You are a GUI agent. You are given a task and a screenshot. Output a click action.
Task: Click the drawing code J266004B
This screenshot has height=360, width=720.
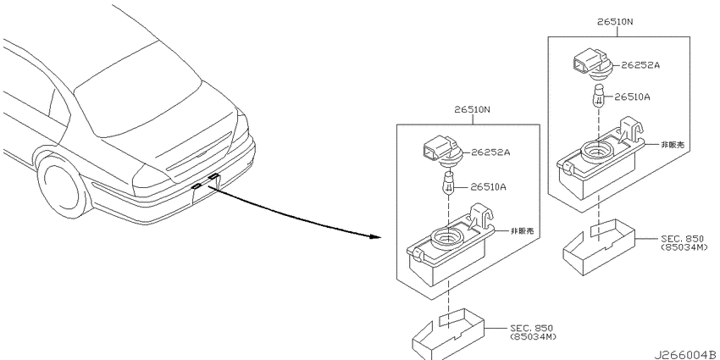click(686, 355)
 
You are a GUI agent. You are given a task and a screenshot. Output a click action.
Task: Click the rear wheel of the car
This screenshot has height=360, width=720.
click(62, 186)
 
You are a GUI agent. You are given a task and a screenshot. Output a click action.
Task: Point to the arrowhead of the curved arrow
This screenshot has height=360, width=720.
click(375, 237)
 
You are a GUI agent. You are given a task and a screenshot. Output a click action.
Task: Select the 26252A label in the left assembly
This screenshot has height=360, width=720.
click(490, 152)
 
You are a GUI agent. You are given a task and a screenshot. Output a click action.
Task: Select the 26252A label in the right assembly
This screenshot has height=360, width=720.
click(640, 65)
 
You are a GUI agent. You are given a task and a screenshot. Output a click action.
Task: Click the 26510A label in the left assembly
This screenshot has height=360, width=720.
click(487, 187)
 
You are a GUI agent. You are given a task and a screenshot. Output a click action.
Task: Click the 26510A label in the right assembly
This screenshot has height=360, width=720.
click(632, 97)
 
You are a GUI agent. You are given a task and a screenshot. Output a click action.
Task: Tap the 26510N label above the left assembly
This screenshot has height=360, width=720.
click(473, 110)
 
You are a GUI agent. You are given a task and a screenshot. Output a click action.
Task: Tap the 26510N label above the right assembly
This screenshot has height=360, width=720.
click(616, 21)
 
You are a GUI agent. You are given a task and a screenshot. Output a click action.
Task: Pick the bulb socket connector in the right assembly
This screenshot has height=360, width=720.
click(593, 66)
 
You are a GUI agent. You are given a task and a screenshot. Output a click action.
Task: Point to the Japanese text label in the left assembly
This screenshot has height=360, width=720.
click(523, 231)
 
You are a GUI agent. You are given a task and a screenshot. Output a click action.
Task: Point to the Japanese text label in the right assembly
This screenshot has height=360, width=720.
click(673, 145)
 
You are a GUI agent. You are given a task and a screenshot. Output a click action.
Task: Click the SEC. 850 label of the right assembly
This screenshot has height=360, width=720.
click(683, 239)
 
